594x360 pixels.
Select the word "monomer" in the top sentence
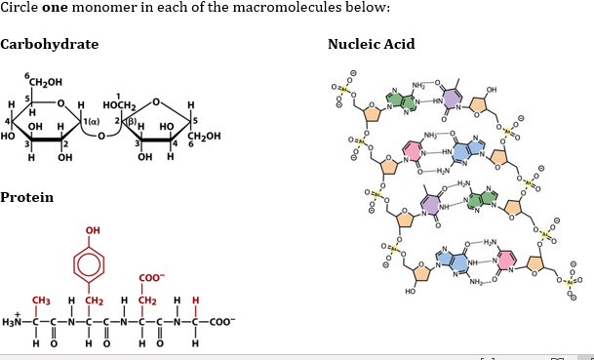[x=105, y=8]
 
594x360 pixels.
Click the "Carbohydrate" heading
[x=50, y=45]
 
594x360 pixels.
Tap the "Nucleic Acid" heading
[x=372, y=45]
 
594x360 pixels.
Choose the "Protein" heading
[x=27, y=198]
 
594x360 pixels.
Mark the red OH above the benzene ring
[x=94, y=230]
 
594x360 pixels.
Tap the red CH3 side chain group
[x=42, y=300]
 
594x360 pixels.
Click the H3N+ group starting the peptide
[x=15, y=320]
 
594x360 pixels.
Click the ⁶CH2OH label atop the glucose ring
[x=46, y=80]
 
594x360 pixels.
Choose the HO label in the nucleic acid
[x=410, y=292]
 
